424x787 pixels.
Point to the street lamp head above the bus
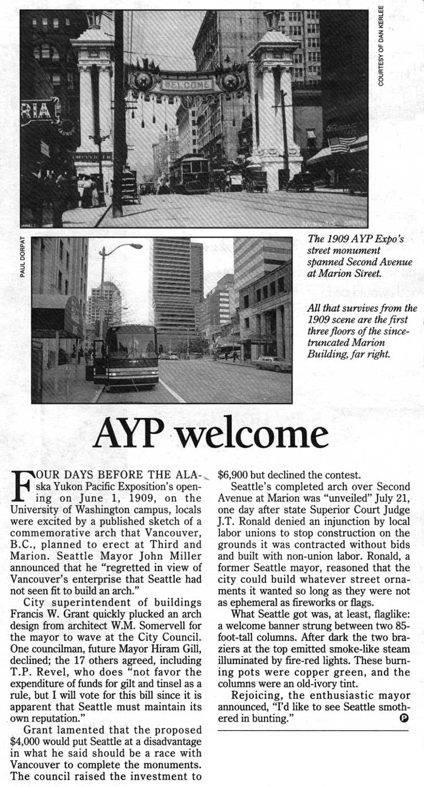[136, 246]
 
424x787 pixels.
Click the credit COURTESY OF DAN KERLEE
[381, 46]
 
